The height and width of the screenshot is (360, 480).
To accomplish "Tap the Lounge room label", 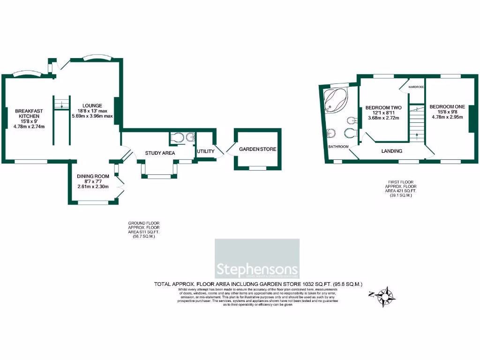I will [x=92, y=105].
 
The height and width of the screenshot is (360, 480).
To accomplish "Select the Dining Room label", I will [x=93, y=177].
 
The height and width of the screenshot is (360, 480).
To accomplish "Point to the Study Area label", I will [x=160, y=153].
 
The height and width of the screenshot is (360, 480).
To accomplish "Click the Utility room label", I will [x=205, y=151].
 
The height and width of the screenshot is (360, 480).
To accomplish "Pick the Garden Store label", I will [x=257, y=150].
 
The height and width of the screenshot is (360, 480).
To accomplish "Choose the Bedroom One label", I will [x=447, y=107].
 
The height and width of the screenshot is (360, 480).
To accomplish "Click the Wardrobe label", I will [x=416, y=87].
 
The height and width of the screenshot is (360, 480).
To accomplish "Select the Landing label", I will [x=391, y=151].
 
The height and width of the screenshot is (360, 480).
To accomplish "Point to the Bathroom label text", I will [x=338, y=147].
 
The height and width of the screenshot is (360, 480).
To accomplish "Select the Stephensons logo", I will [x=257, y=259].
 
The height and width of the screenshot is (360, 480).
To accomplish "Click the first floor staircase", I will [x=416, y=123].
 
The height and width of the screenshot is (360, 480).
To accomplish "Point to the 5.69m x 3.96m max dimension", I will [x=92, y=116].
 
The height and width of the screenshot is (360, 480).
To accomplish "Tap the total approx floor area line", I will [x=258, y=284].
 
